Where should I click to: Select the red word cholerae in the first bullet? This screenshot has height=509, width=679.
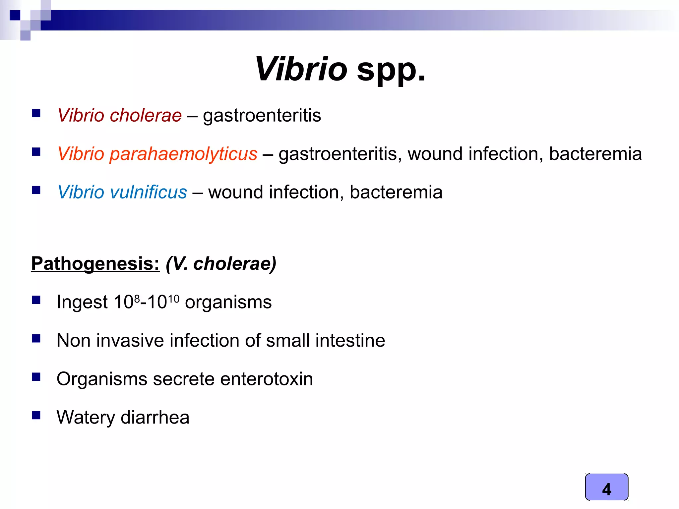146,115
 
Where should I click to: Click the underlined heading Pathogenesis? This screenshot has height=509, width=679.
95,264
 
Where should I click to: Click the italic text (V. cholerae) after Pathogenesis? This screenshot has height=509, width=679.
221,264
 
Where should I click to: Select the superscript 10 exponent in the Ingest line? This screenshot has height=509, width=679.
173,299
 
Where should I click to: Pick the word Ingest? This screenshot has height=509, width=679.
82,303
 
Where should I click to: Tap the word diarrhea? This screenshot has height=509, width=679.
155,417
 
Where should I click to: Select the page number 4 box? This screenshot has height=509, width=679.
606,487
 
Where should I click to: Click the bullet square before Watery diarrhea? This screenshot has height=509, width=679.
36,415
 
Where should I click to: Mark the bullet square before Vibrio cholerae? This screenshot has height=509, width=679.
36,114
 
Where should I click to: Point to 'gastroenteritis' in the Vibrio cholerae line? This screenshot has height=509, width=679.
262,115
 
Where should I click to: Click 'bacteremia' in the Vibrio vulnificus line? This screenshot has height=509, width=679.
396,192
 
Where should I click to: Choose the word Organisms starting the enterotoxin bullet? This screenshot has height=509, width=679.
102,379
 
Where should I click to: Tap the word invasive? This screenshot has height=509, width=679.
130,341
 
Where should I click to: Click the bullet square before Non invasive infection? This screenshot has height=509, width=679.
36,338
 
